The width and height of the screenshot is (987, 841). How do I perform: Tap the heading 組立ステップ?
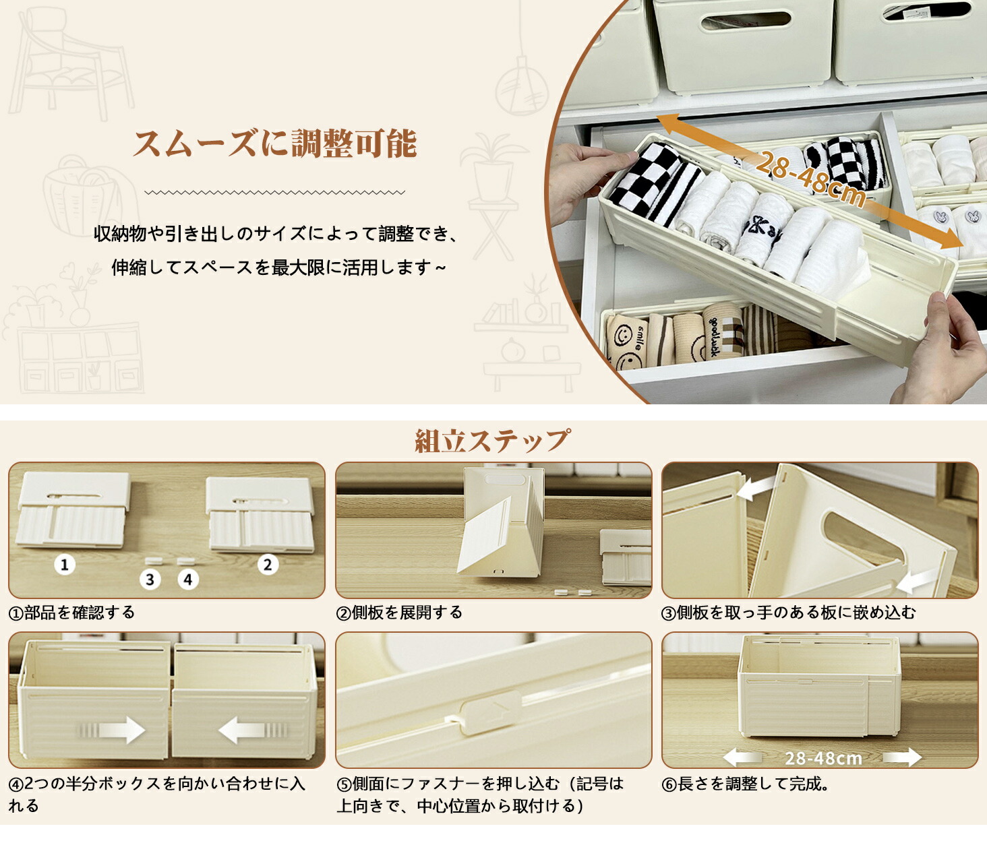pos(492,440)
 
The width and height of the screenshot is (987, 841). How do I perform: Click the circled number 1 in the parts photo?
pos(65,565)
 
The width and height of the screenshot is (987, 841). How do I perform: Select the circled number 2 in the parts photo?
pos(268,565)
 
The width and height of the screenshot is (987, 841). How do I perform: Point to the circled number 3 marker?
pos(150,580)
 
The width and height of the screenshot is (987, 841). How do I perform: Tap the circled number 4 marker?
pos(187,580)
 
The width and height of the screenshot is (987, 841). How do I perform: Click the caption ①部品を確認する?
pos(72,613)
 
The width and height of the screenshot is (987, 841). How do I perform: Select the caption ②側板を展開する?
pos(399,613)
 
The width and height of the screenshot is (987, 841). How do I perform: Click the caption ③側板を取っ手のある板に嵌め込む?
pos(788,613)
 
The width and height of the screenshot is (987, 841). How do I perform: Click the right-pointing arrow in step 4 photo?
pos(112,730)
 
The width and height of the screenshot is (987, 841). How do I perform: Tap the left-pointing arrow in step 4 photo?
pos(253,730)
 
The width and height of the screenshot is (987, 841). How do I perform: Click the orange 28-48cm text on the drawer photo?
pos(810,179)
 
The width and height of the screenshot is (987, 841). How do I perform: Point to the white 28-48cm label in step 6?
pos(823,758)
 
